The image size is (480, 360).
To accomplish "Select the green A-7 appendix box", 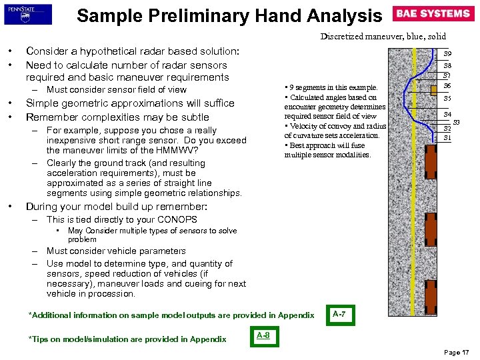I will (x=339, y=314).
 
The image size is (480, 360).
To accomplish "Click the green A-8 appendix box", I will (x=264, y=335).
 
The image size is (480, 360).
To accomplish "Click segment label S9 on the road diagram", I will (x=448, y=54).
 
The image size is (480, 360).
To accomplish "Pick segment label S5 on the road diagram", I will (x=448, y=98).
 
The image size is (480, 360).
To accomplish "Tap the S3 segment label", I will (x=457, y=122).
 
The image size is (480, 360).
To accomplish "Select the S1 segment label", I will (x=448, y=137).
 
